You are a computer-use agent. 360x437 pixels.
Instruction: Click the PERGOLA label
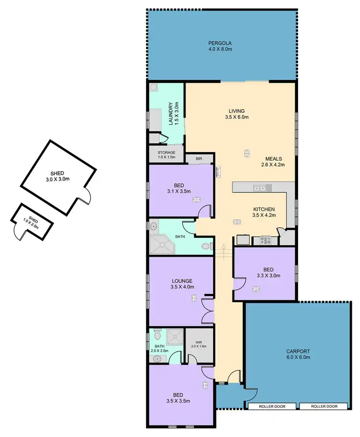coord(220,43)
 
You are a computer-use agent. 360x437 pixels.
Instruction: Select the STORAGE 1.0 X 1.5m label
coord(167,153)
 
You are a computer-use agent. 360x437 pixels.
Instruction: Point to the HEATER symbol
coord(217,172)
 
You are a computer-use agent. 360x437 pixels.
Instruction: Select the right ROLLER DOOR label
coord(324,406)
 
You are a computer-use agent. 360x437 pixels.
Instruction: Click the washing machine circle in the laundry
coord(154,87)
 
